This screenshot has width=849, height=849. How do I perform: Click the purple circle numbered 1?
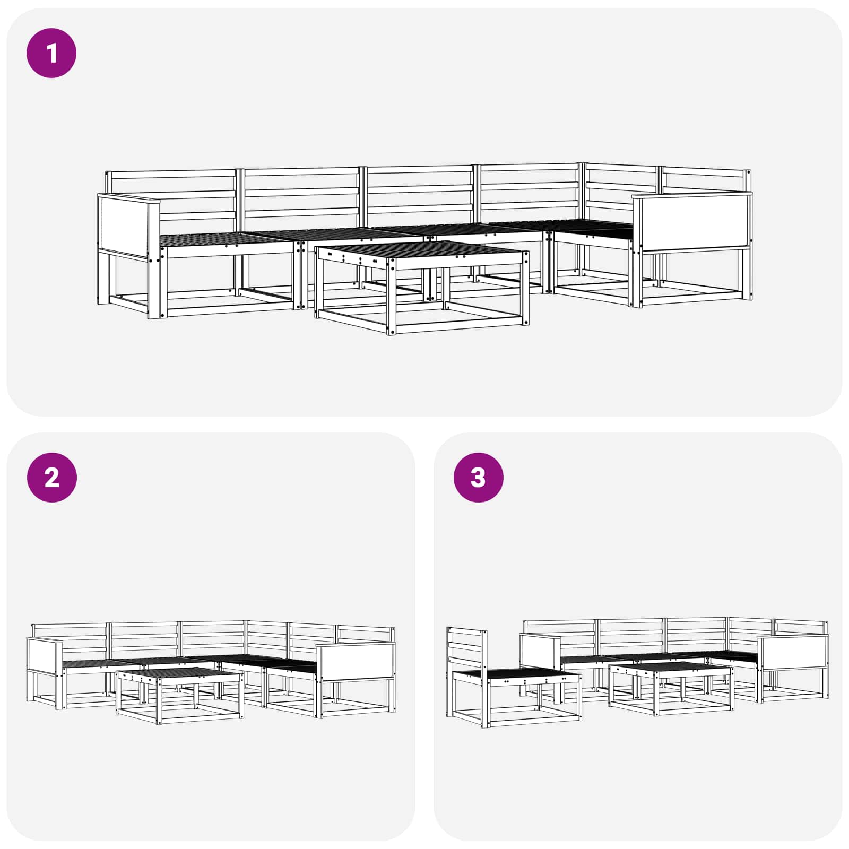(x=51, y=53)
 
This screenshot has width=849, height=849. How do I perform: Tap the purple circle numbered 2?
(x=51, y=478)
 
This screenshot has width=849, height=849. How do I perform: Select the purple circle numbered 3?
(x=478, y=478)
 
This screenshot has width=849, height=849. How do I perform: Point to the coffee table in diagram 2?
(x=180, y=695)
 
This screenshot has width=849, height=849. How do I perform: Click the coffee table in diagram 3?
(x=671, y=688)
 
